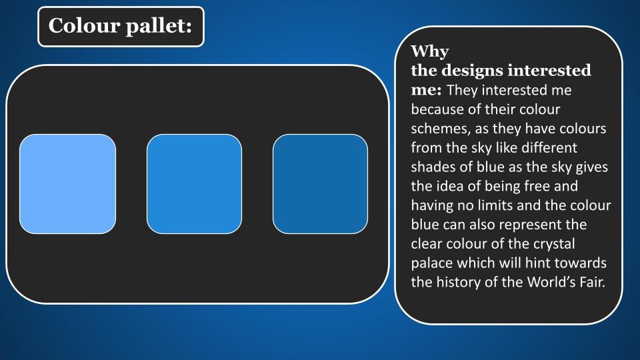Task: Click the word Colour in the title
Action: click(x=84, y=25)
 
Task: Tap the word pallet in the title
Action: click(x=159, y=27)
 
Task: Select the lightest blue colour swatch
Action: click(x=68, y=184)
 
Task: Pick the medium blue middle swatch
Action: click(x=194, y=184)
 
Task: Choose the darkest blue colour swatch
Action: click(x=321, y=184)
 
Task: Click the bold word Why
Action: click(x=430, y=52)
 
